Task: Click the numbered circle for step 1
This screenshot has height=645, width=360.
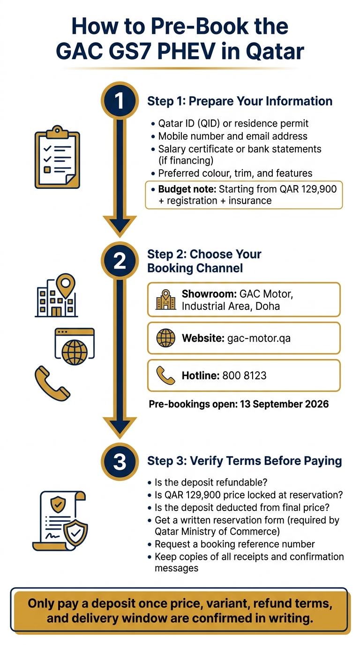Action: coord(120,100)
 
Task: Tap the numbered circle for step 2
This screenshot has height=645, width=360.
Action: coord(120,261)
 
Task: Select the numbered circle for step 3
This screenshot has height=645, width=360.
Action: coord(120,462)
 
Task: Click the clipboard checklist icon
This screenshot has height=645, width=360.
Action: coord(57,157)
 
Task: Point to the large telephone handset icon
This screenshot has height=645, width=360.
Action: coord(52,383)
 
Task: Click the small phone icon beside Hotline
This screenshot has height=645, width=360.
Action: coord(165,375)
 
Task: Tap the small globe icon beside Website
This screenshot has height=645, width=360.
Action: coord(165,338)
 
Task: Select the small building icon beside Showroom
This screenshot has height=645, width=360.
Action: coord(165,300)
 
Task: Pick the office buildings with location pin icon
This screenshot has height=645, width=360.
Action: coord(56,295)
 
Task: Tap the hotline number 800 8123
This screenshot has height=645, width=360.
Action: coord(245,375)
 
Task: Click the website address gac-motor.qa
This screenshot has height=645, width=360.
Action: coord(259,338)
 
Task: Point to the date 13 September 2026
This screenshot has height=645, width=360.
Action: coord(284,404)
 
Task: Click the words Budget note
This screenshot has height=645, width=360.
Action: coord(187,189)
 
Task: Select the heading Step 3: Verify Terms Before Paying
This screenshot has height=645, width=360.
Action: coord(245,461)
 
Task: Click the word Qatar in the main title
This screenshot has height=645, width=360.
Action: coord(275,51)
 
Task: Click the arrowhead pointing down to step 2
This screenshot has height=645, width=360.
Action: coord(120,226)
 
